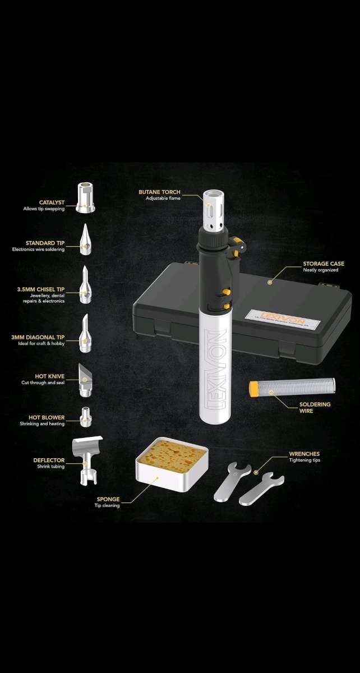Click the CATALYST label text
click(x=52, y=202)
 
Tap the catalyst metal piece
click(x=85, y=197)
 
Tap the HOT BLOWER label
click(x=47, y=417)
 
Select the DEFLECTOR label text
click(x=49, y=460)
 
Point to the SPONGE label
click(x=108, y=499)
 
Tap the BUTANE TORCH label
click(x=160, y=192)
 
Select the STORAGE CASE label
click(x=324, y=263)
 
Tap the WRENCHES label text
click(x=304, y=454)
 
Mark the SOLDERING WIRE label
click(x=315, y=407)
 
